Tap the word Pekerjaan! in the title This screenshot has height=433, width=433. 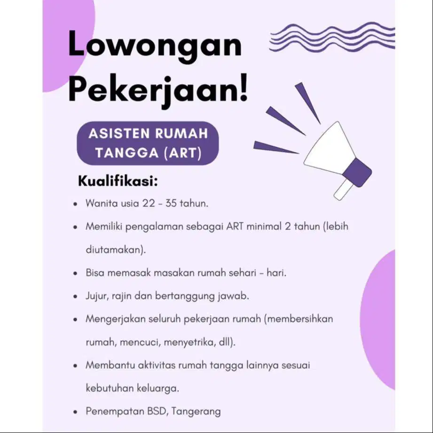pos(157,89)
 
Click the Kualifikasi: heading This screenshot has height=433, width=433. pos(118,181)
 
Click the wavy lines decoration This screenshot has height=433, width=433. pos(332,36)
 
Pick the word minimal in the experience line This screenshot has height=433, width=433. pos(262,226)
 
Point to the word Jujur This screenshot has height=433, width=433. pos(97,296)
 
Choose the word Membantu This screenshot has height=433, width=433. pos(109,365)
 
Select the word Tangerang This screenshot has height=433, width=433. pos(196,411)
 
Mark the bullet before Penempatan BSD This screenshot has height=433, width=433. pos(75,412)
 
